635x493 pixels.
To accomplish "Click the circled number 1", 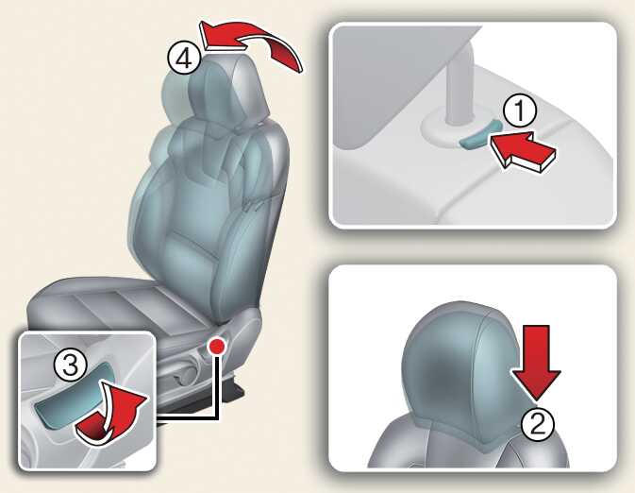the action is [x=520, y=111].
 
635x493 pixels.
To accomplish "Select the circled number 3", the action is [x=71, y=366].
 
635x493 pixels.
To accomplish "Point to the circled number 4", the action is [x=184, y=59].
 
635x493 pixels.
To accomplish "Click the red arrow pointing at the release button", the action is [x=524, y=150].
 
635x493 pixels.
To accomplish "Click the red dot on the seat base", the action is [x=217, y=346].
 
